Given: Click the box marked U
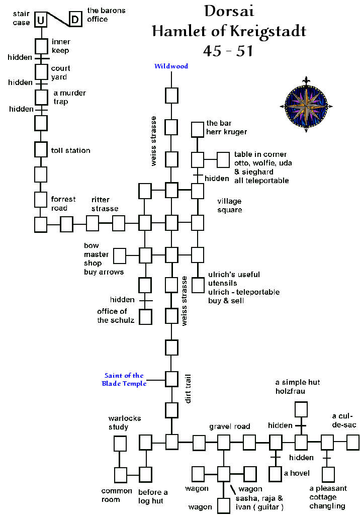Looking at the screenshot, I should (41, 20).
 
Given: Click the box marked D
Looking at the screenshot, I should (75, 20).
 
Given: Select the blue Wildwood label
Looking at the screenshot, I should (171, 66).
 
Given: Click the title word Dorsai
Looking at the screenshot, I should (228, 12).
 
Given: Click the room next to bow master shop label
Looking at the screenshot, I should (120, 255).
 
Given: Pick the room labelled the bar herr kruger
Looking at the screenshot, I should (197, 130).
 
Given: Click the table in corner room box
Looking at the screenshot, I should (223, 160).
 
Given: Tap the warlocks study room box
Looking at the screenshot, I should (120, 444).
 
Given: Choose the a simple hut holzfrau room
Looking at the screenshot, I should (301, 409).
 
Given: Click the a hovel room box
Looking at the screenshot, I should (275, 474).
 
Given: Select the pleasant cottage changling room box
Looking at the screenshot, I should (328, 474).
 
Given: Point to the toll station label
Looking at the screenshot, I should (71, 150).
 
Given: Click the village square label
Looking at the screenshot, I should (230, 206).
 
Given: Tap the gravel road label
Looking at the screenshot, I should (230, 426).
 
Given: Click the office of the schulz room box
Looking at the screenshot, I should (145, 317).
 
